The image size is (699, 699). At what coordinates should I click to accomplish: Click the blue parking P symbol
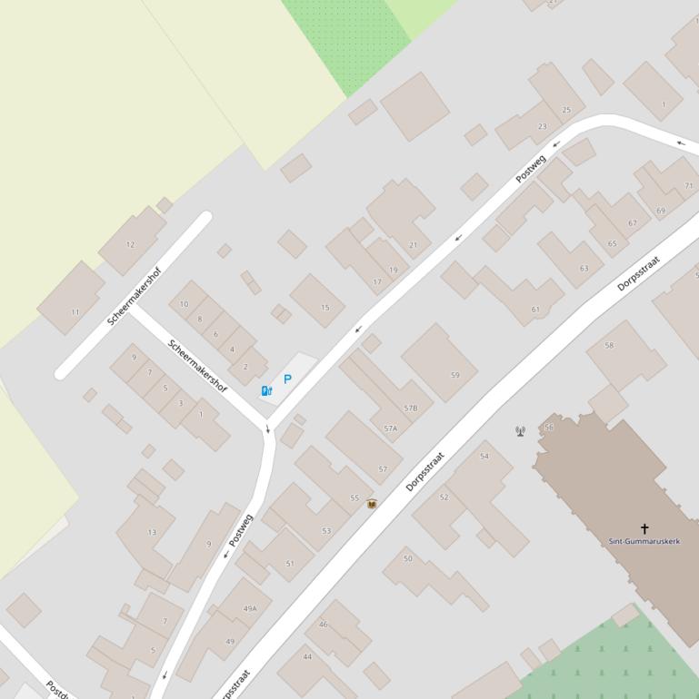(x=287, y=379)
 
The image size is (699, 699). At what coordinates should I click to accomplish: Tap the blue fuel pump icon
(x=266, y=391)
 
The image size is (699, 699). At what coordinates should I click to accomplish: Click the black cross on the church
(x=645, y=528)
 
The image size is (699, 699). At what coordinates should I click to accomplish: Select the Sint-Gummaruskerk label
(x=645, y=542)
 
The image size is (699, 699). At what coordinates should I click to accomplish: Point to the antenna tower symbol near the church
(x=520, y=431)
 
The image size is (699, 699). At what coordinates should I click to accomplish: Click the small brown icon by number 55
(x=371, y=503)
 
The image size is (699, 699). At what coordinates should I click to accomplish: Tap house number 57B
(x=411, y=409)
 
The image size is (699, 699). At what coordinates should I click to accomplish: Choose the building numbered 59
(x=455, y=375)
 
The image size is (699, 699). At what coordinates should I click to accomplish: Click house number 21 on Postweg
(x=414, y=245)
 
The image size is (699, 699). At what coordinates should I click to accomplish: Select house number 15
(x=325, y=309)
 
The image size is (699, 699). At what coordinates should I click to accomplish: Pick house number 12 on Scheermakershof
(x=131, y=244)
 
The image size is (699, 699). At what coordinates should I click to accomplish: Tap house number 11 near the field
(x=75, y=312)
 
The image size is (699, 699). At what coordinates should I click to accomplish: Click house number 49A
(x=250, y=608)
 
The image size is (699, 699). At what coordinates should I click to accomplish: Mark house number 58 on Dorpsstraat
(x=609, y=345)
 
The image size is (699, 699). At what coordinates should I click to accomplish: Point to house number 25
(x=567, y=110)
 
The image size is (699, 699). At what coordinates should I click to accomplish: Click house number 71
(x=689, y=186)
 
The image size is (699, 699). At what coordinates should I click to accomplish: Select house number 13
(x=152, y=532)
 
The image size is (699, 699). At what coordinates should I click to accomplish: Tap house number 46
(x=323, y=625)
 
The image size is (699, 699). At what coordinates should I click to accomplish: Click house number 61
(x=535, y=310)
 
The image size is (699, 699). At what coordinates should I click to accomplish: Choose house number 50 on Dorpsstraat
(x=408, y=558)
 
